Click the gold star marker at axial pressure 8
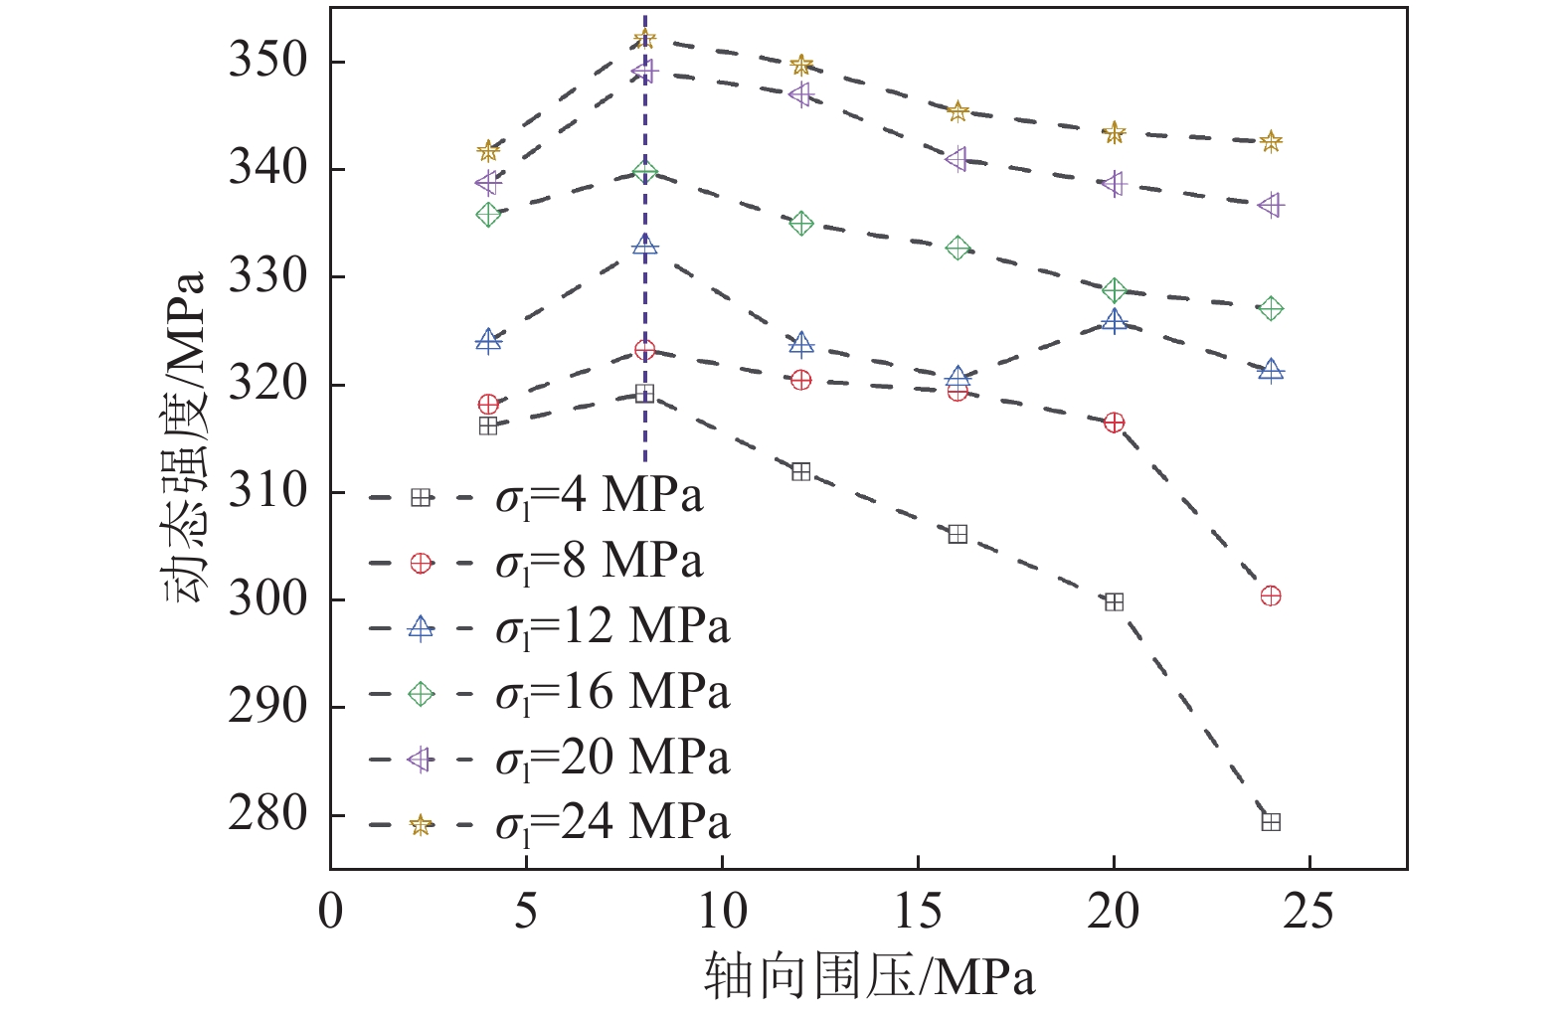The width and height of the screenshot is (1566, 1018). [x=644, y=39]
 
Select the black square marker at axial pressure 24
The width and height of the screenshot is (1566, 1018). [x=1270, y=821]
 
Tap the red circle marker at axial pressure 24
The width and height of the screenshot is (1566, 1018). [x=1270, y=595]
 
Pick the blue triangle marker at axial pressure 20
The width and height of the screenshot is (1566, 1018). [x=1114, y=321]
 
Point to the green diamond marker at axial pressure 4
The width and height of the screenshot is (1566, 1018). [x=487, y=214]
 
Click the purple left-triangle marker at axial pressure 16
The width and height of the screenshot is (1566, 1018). [x=957, y=159]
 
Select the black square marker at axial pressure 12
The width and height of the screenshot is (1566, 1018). [x=800, y=471]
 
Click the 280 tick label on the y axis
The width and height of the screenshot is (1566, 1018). [x=266, y=814]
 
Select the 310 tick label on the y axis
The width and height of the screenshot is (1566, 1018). [x=266, y=491]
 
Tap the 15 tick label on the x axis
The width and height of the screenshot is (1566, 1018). [x=917, y=911]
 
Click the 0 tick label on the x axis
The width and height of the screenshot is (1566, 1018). [x=330, y=911]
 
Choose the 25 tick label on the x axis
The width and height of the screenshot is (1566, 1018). [x=1308, y=911]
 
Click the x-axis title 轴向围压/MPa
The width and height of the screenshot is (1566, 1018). [x=869, y=976]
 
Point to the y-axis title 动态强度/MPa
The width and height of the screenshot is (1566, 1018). [x=185, y=437]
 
